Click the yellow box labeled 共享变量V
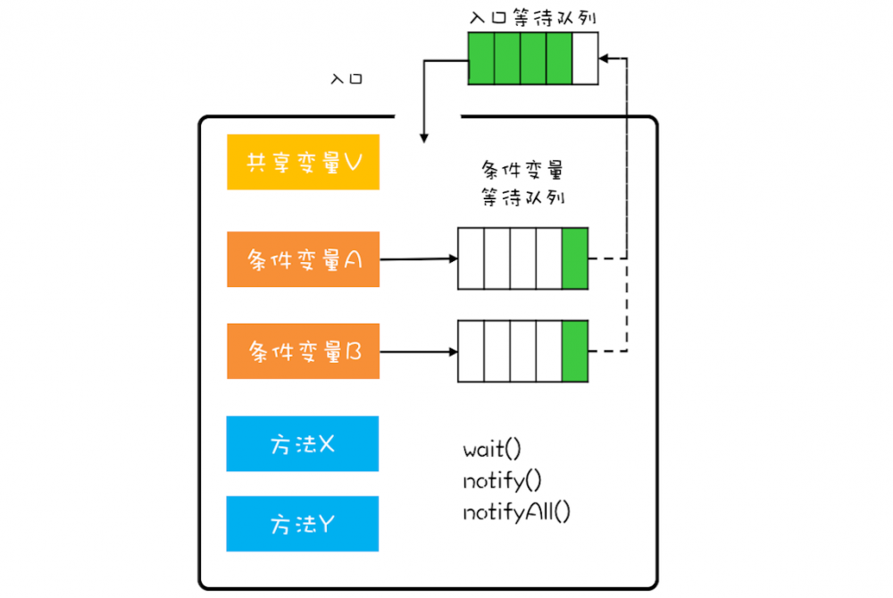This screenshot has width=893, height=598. [303, 163]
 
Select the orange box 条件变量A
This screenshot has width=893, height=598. [303, 260]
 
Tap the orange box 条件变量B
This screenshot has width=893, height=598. [303, 352]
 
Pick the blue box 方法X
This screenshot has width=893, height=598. [303, 444]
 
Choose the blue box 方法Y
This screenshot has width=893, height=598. [303, 524]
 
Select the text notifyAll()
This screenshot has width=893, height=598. [516, 512]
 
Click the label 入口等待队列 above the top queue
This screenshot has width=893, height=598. [533, 17]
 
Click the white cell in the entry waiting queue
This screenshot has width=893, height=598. [584, 59]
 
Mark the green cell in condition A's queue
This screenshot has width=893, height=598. [575, 259]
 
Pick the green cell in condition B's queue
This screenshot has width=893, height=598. [575, 351]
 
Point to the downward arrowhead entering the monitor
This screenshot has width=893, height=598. [423, 137]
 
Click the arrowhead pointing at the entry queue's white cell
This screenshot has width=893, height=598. [605, 59]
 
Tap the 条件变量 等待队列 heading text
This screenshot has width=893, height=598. [522, 183]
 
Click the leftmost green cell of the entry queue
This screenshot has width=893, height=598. [481, 59]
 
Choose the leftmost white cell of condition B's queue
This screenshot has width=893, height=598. [471, 351]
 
